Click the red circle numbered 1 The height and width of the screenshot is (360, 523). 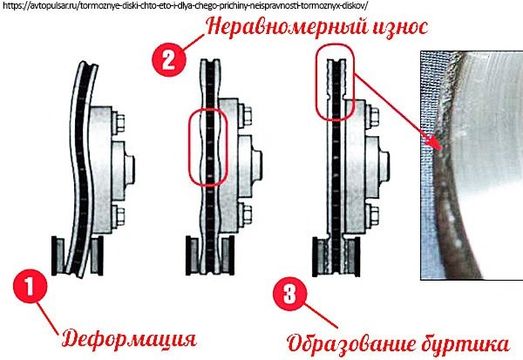[x=30, y=286]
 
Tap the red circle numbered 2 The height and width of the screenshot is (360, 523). [x=169, y=60]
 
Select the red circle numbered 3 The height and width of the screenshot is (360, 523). [x=289, y=294]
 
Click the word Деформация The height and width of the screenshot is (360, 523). [x=129, y=340]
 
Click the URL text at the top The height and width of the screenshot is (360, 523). [x=185, y=6]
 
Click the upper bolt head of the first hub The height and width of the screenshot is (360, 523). [x=119, y=122]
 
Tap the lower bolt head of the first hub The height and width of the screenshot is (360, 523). [x=119, y=215]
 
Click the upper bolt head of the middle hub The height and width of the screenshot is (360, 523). [x=247, y=116]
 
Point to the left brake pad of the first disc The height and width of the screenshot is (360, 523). [x=58, y=255]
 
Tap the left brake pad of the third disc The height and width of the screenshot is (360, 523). [x=320, y=256]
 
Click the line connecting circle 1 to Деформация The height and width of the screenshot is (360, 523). [x=48, y=317]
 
